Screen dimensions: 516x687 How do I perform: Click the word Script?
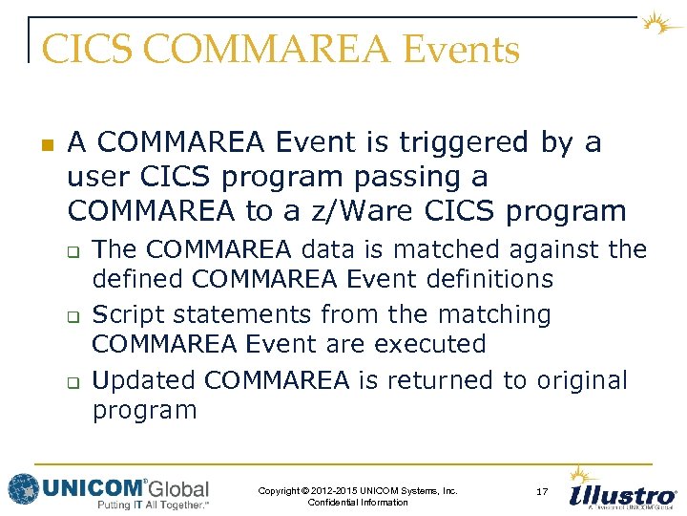(128, 314)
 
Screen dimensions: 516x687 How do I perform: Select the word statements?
(243, 314)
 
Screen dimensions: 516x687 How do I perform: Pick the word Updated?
(144, 380)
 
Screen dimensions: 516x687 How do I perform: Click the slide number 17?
(541, 491)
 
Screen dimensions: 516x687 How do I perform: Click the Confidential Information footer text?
(358, 503)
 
